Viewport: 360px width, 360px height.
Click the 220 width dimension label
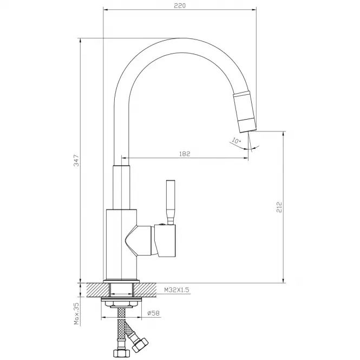(x=180, y=5)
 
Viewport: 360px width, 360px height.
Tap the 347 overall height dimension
(x=76, y=160)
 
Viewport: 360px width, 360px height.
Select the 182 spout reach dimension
(x=185, y=154)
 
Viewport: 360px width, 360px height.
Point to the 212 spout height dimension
(x=279, y=207)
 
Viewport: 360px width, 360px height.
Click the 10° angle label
(x=236, y=140)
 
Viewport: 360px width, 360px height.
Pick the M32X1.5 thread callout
(x=176, y=290)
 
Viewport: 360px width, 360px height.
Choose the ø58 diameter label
(x=153, y=313)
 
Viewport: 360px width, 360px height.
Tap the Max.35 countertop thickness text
(x=76, y=313)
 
